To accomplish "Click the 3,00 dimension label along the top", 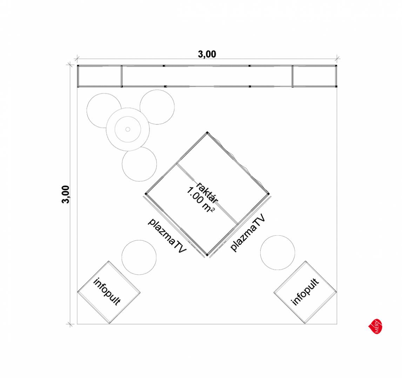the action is [207, 54].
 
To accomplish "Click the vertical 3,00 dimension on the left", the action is [66, 194].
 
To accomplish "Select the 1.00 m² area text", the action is [201, 199].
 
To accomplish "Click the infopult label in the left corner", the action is [107, 292].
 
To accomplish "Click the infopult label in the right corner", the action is [305, 292].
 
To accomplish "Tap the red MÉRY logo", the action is [376, 326].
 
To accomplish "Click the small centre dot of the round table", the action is [128, 129].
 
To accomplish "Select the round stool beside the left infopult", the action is [139, 257].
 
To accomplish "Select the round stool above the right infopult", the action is [278, 252].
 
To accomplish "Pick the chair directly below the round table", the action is [139, 164].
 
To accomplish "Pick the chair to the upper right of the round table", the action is [157, 107].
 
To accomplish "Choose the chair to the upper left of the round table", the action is [104, 111].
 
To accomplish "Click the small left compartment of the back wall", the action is [100, 76].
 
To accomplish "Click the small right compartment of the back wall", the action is [314, 76].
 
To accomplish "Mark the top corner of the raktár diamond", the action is [207, 133].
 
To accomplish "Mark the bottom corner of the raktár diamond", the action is [207, 255].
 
